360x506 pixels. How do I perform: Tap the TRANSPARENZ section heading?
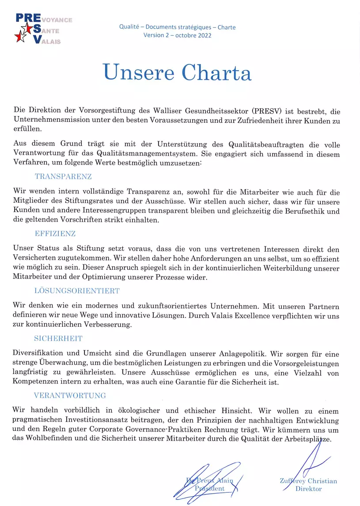pyautogui.click(x=63, y=177)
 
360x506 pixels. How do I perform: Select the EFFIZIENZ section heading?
pyautogui.click(x=55, y=234)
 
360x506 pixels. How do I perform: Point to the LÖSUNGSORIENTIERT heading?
pyautogui.click(x=77, y=291)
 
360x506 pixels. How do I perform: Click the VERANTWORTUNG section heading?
pyautogui.click(x=70, y=396)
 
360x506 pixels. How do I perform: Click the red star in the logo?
pyautogui.click(x=19, y=38)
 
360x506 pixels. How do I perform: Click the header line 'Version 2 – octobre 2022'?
pyautogui.click(x=177, y=35)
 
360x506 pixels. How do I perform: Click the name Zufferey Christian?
pyautogui.click(x=308, y=481)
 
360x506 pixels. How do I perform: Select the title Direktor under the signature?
pyautogui.click(x=308, y=489)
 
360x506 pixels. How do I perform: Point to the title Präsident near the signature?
pyautogui.click(x=210, y=488)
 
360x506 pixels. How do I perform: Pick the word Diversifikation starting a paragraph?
pyautogui.click(x=40, y=355)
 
